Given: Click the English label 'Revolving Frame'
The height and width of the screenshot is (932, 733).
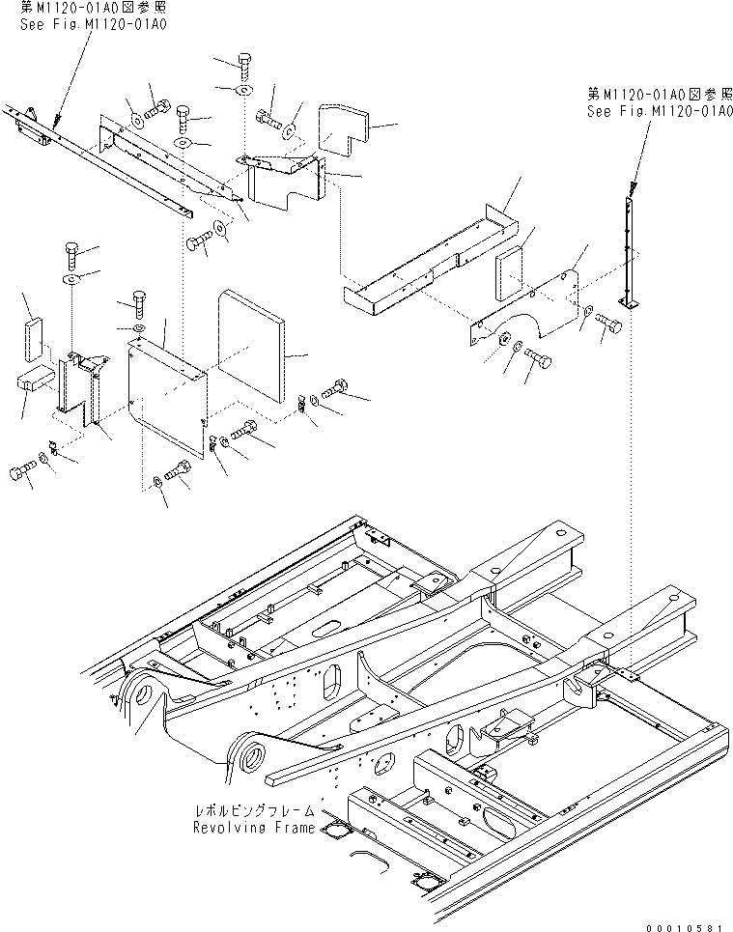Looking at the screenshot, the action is coord(254,828).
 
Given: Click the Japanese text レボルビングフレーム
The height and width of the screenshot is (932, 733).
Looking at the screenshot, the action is coord(256,810).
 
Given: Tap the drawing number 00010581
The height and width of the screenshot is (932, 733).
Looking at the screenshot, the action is coord(685,926).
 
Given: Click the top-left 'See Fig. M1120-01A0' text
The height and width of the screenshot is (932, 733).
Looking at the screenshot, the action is coord(94,24).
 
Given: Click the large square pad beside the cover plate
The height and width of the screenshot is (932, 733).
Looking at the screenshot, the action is coord(251,346).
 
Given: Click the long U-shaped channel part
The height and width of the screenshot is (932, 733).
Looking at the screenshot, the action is coord(431,259).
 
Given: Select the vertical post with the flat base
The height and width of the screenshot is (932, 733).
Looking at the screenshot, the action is coord(629,253).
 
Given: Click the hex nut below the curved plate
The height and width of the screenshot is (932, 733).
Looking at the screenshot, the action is coord(502,339).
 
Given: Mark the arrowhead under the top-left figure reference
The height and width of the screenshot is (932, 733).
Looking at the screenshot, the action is coord(56,123).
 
